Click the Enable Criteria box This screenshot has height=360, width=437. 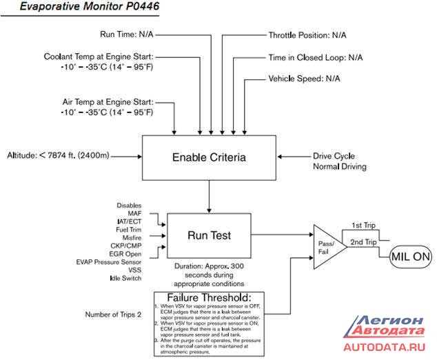(209, 158)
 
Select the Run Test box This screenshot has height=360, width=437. (209, 235)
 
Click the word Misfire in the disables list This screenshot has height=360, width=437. (128, 237)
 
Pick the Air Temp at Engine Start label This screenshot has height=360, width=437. (107, 101)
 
